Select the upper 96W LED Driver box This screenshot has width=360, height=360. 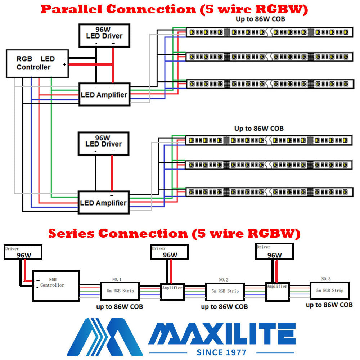click(x=104, y=35)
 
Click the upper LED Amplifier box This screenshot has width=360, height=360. click(x=104, y=94)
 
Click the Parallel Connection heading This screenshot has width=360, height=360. click(x=175, y=10)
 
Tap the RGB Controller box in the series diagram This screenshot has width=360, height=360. click(x=56, y=286)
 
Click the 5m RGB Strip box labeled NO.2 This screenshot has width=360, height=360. click(x=225, y=291)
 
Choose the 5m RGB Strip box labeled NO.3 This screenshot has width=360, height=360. click(x=329, y=291)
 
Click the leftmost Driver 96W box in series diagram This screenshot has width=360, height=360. click(x=23, y=252)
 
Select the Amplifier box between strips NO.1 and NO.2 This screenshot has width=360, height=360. click(x=172, y=292)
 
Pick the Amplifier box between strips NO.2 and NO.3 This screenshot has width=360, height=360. click(x=277, y=291)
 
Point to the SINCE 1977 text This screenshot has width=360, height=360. click(x=222, y=352)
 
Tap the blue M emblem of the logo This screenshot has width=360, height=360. click(x=104, y=337)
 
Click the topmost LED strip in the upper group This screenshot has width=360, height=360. click(x=269, y=32)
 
